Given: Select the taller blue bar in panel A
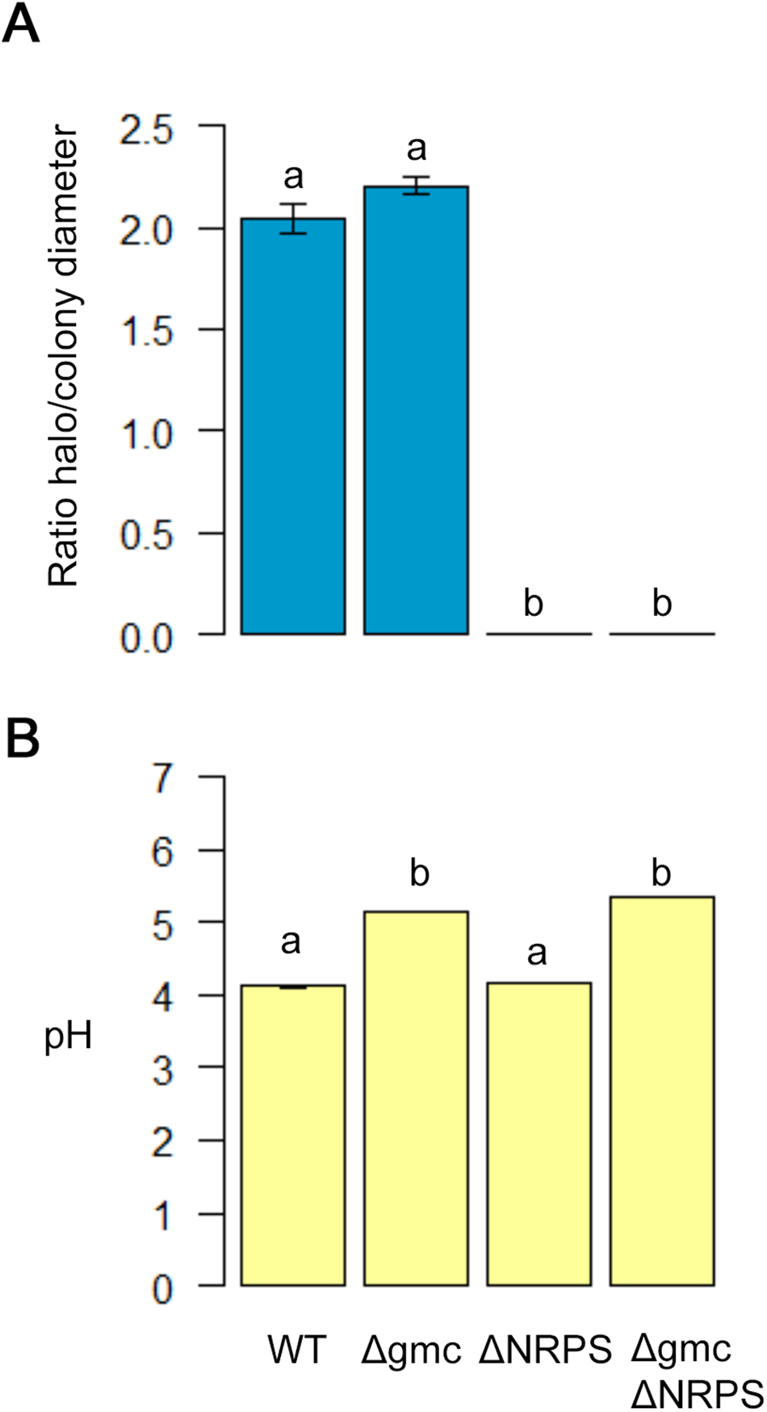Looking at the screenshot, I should tap(416, 412).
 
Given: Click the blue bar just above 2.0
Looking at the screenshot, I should tap(294, 428).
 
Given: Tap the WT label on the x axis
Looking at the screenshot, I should tap(298, 1350).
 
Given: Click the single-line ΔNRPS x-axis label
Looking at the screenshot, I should tap(545, 1350).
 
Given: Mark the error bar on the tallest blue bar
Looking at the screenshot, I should tap(416, 186).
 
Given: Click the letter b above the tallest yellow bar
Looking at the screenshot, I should tap(661, 874).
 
